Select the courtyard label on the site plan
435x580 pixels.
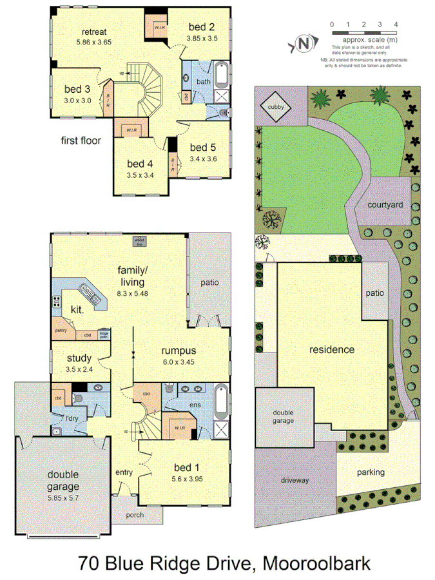pyautogui.click(x=385, y=205)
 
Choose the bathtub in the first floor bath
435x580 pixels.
pyautogui.click(x=222, y=74)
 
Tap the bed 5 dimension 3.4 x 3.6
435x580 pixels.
pyautogui.click(x=204, y=159)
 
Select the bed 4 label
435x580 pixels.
pyautogui.click(x=139, y=163)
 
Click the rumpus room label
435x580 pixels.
pyautogui.click(x=179, y=351)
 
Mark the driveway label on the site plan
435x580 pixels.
pyautogui.click(x=295, y=481)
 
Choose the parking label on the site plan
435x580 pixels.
pyautogui.click(x=371, y=472)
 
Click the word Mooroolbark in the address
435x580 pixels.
pyautogui.click(x=316, y=564)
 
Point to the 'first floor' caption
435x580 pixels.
pyautogui.click(x=81, y=140)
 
